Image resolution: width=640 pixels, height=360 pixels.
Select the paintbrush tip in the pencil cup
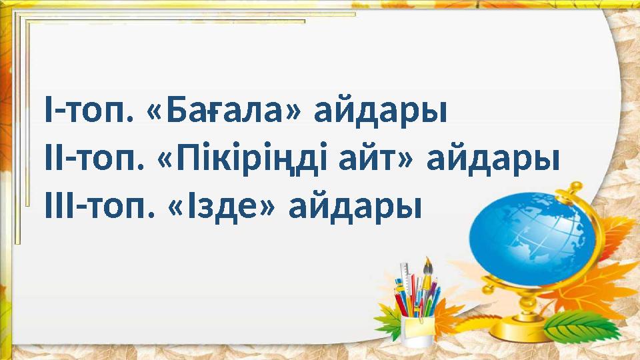coord(427,265)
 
